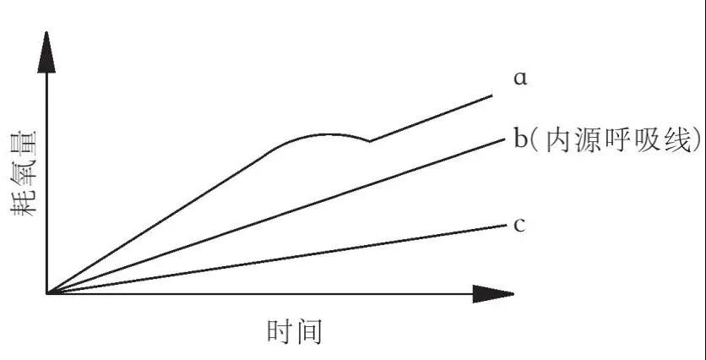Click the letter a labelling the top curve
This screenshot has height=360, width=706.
coord(520,79)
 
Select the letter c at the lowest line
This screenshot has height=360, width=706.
coord(519,225)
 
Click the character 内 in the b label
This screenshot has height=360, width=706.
coord(558,141)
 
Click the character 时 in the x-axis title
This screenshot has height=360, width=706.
coord(280,332)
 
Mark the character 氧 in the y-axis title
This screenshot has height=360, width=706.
coord(23,174)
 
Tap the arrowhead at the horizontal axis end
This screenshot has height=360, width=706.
coord(493,294)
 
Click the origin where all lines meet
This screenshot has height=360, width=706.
coord(47,293)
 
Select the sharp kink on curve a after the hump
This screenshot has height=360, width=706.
coord(370,141)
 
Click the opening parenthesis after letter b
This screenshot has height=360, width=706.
coord(535,141)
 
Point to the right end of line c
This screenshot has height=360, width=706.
coord(507,226)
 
